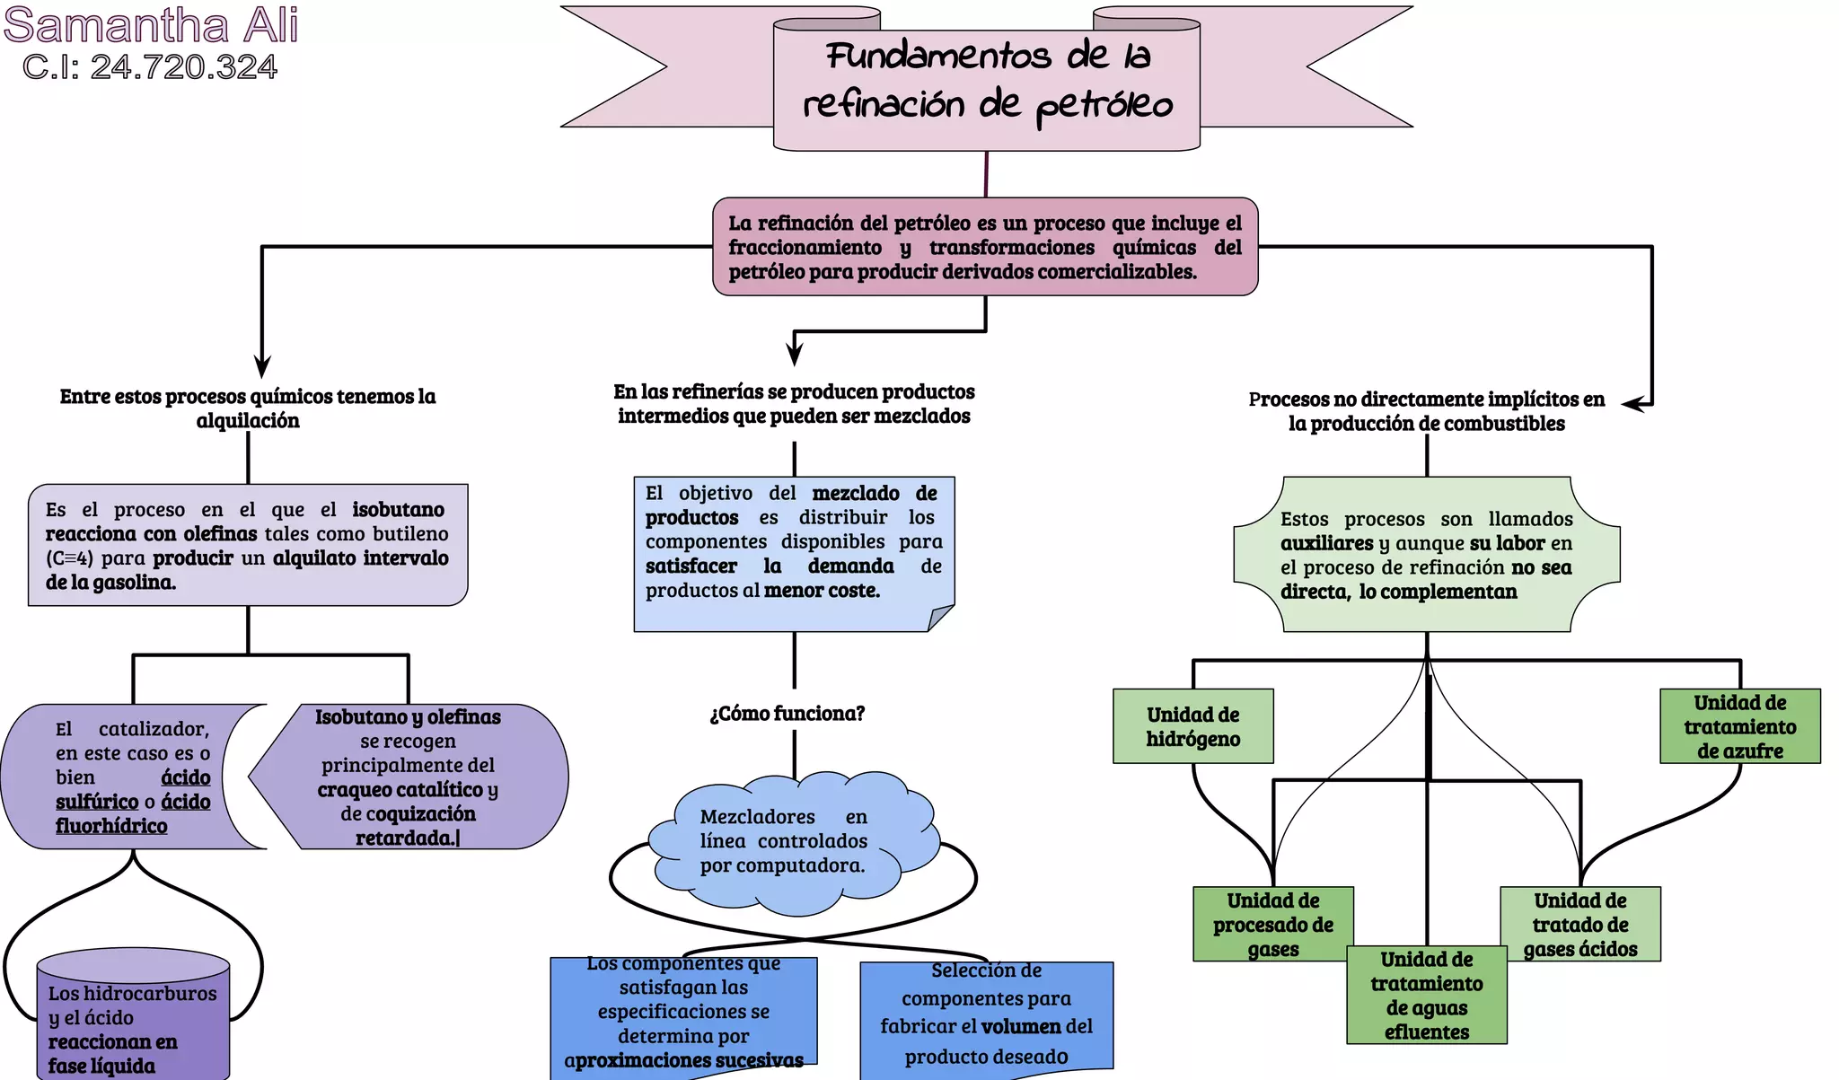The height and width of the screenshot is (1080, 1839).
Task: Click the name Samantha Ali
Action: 151,25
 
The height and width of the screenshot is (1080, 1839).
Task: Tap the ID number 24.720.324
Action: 183,67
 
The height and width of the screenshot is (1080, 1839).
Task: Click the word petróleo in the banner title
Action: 1104,106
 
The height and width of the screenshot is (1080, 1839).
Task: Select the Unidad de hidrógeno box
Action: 1192,726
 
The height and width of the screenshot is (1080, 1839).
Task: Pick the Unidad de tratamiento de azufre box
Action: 1739,726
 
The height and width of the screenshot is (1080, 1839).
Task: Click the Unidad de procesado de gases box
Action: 1272,925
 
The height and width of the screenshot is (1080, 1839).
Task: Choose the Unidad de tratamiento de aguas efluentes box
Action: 1426,996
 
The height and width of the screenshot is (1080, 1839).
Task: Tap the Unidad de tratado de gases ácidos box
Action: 1579,925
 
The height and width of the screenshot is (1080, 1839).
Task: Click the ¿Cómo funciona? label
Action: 787,714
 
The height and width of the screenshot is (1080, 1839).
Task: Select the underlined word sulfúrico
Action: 97,802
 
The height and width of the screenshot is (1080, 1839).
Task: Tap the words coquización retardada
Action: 408,826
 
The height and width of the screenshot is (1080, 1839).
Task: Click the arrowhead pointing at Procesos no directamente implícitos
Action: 1632,404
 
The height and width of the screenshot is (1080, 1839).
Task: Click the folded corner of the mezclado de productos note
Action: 940,617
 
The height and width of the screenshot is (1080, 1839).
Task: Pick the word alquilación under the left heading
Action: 248,421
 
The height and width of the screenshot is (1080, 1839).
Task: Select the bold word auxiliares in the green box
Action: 1325,543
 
